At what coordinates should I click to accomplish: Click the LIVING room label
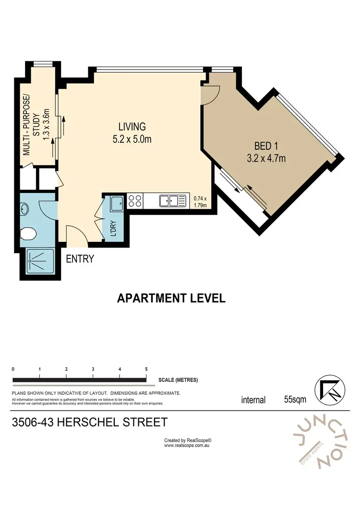click(132, 127)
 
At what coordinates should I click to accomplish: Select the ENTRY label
click(80, 259)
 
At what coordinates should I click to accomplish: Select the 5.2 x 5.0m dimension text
click(132, 140)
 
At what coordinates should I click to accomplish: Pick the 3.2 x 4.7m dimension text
click(266, 158)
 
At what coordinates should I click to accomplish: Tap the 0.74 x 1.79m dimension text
click(200, 201)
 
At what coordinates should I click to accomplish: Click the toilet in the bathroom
click(29, 234)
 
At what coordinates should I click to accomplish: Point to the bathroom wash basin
click(25, 209)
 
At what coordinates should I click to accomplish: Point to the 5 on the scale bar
click(146, 369)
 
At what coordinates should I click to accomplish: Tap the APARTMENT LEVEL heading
click(171, 298)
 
